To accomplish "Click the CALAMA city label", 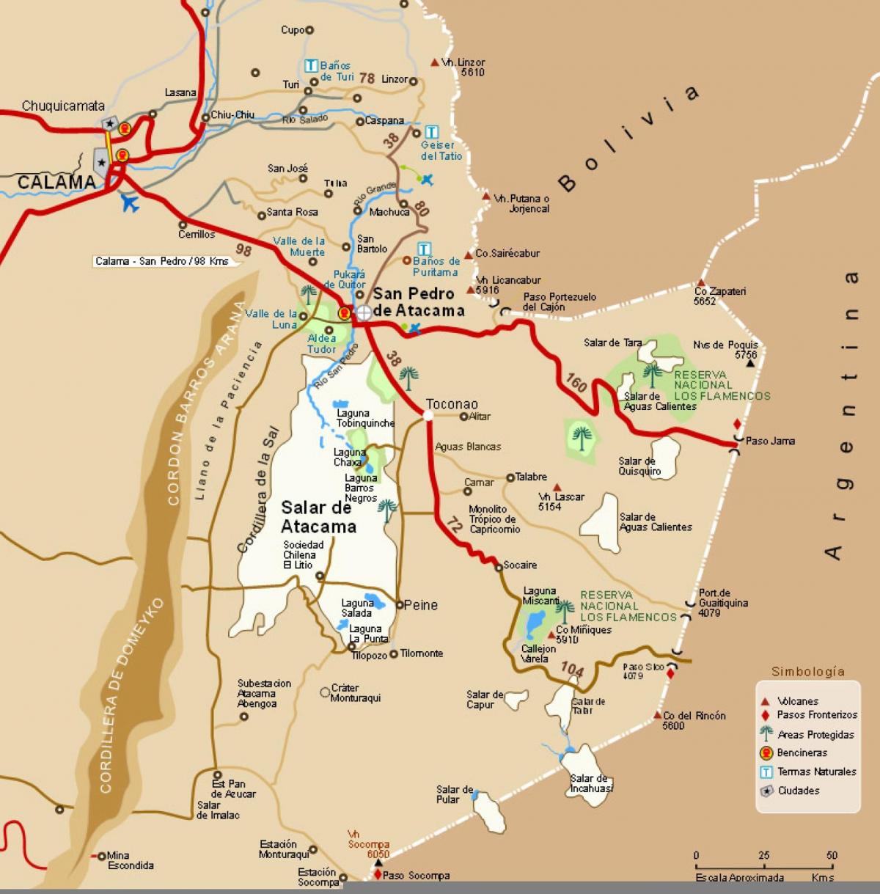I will point(56,182).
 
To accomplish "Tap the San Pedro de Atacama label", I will point(419,302).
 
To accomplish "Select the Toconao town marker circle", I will point(428,415).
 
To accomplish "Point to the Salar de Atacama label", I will point(318,517).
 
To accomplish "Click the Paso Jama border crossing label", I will point(770,441).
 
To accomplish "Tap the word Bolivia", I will point(628,139).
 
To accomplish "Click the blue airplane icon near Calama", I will point(130,202).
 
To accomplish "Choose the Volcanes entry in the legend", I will point(798,701).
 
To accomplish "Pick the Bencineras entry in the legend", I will point(802,752).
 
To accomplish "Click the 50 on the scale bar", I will point(831,856).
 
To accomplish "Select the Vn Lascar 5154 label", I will point(561,502).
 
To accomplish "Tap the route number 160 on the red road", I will point(576,383).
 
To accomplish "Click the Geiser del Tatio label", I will point(441,150).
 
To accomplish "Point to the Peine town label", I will point(421,605).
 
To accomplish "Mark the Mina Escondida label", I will point(131,860).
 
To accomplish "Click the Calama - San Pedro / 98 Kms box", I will point(162,261).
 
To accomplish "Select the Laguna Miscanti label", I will point(540,596).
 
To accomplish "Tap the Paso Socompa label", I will point(416,876).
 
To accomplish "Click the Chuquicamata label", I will point(63,106).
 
